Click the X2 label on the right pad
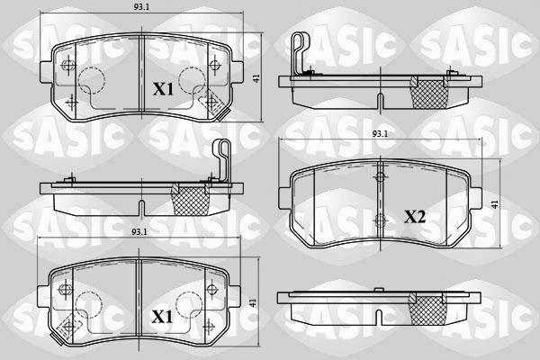[x=415, y=216]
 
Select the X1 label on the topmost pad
[x=162, y=89]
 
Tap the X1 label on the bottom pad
[x=162, y=317]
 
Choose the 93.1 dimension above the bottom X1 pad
[x=139, y=232]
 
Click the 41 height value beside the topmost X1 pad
[x=257, y=79]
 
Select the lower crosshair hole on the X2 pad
[x=381, y=219]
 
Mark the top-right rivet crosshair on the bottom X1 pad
[x=213, y=290]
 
